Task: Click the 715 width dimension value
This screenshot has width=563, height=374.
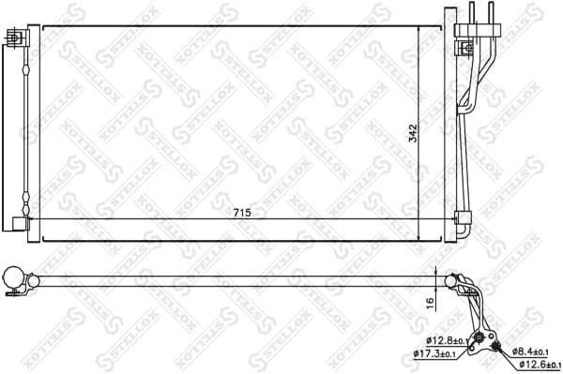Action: (243, 214)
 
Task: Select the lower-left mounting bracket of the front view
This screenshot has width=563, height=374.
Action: (19, 222)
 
